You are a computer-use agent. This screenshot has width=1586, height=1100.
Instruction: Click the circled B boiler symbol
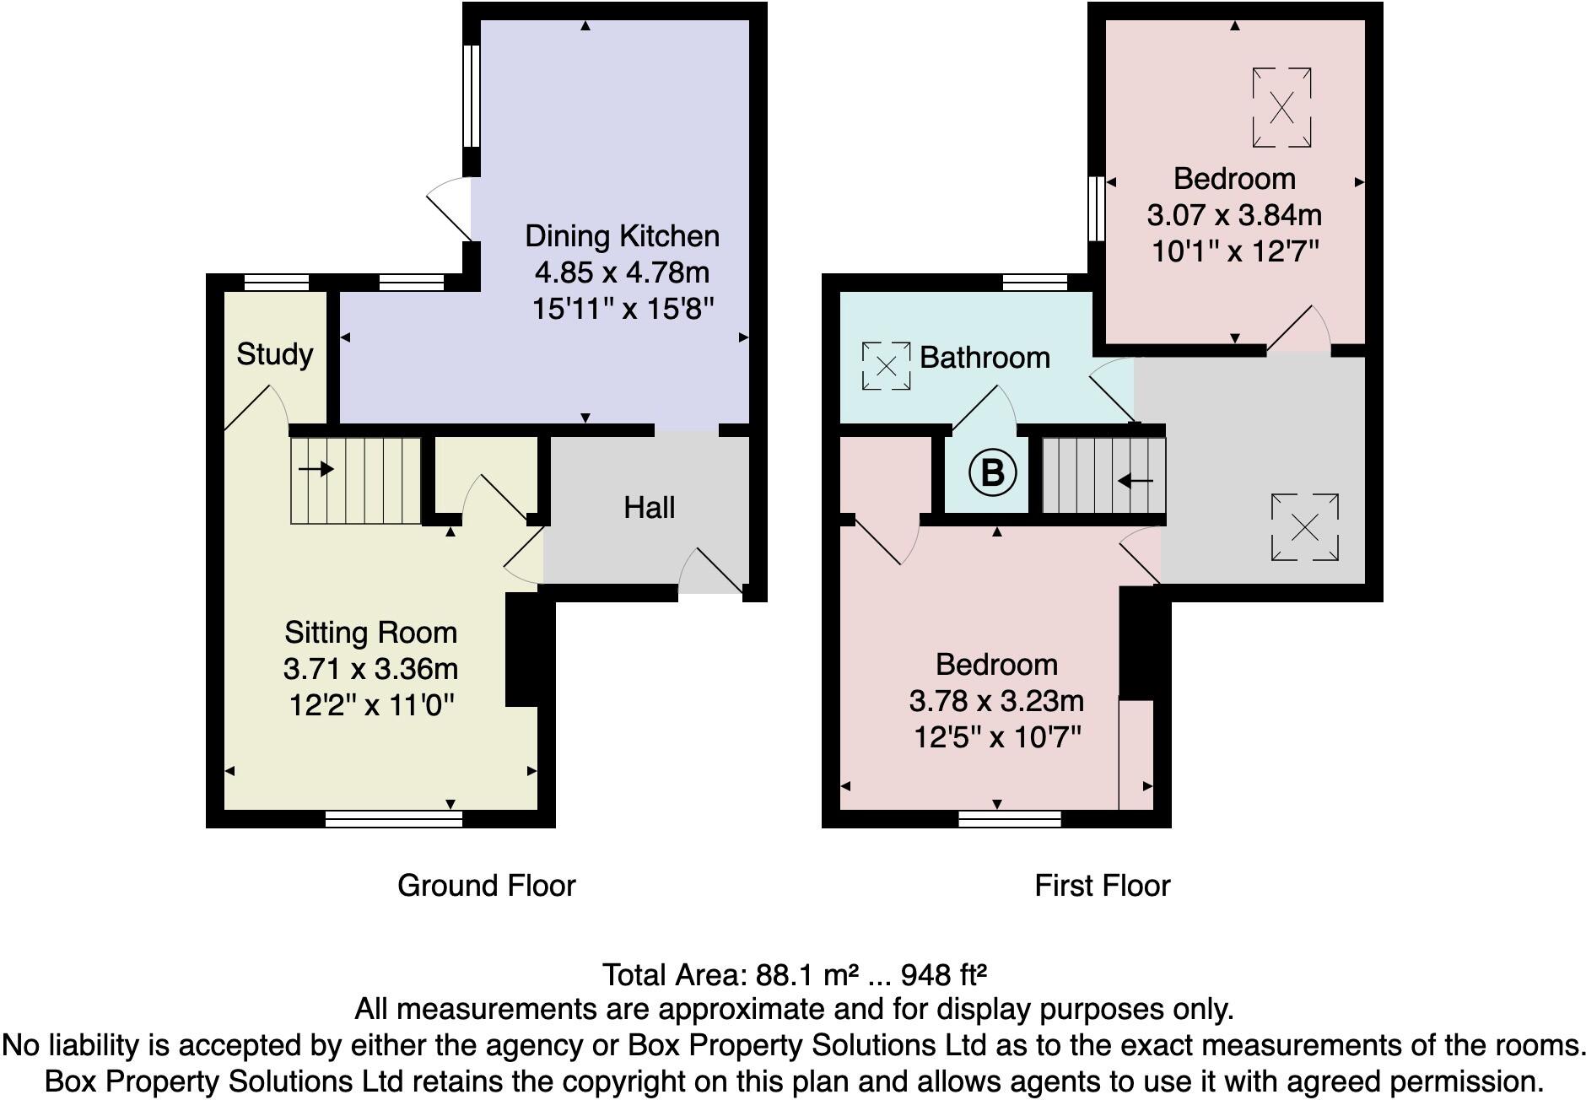(992, 473)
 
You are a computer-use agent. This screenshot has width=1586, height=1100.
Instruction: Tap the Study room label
(274, 353)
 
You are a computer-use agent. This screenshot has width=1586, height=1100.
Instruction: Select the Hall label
(649, 508)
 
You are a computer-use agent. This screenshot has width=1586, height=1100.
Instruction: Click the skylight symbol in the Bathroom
(886, 366)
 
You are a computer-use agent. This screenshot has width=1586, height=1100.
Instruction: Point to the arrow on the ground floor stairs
(316, 469)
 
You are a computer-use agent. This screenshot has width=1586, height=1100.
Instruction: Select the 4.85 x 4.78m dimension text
(622, 272)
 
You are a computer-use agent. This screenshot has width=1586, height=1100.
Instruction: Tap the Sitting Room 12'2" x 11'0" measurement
(371, 704)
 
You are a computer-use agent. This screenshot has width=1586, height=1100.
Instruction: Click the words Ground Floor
(486, 886)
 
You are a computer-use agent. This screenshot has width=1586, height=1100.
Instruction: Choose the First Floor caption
(1102, 886)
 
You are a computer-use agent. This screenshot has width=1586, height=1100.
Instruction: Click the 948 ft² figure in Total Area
(943, 975)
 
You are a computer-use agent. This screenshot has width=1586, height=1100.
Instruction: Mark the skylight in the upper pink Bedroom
(1281, 108)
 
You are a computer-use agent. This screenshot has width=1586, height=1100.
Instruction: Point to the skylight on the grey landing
(1304, 528)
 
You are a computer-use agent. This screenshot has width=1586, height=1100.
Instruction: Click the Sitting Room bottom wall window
(394, 818)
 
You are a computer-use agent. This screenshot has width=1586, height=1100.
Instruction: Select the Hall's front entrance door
(710, 574)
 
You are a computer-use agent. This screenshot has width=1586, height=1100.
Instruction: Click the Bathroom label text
(984, 358)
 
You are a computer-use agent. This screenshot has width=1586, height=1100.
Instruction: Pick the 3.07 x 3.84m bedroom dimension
(1233, 215)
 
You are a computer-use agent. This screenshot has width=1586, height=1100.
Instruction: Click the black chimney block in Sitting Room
(522, 649)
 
